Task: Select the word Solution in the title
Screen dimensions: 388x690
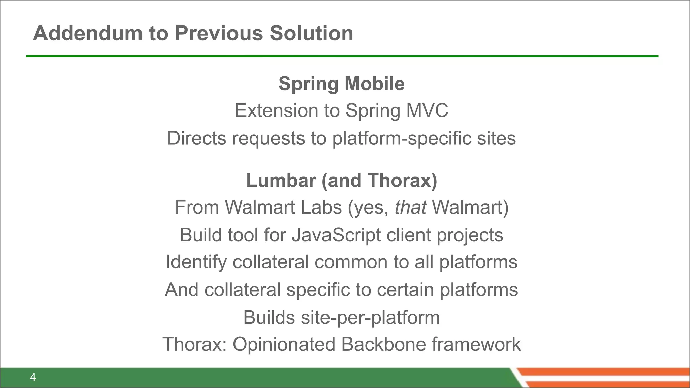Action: (x=311, y=33)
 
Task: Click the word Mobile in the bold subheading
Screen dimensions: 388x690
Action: (x=374, y=84)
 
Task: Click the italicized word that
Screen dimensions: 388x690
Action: (x=410, y=207)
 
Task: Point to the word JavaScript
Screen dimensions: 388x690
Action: (x=336, y=235)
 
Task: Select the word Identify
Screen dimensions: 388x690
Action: (x=196, y=262)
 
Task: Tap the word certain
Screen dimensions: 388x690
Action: (x=405, y=290)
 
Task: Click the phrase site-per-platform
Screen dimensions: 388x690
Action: (x=370, y=317)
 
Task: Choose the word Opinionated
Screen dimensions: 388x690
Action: (x=284, y=344)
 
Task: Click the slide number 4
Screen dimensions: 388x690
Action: (x=33, y=377)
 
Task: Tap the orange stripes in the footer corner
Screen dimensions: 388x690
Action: (x=606, y=377)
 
